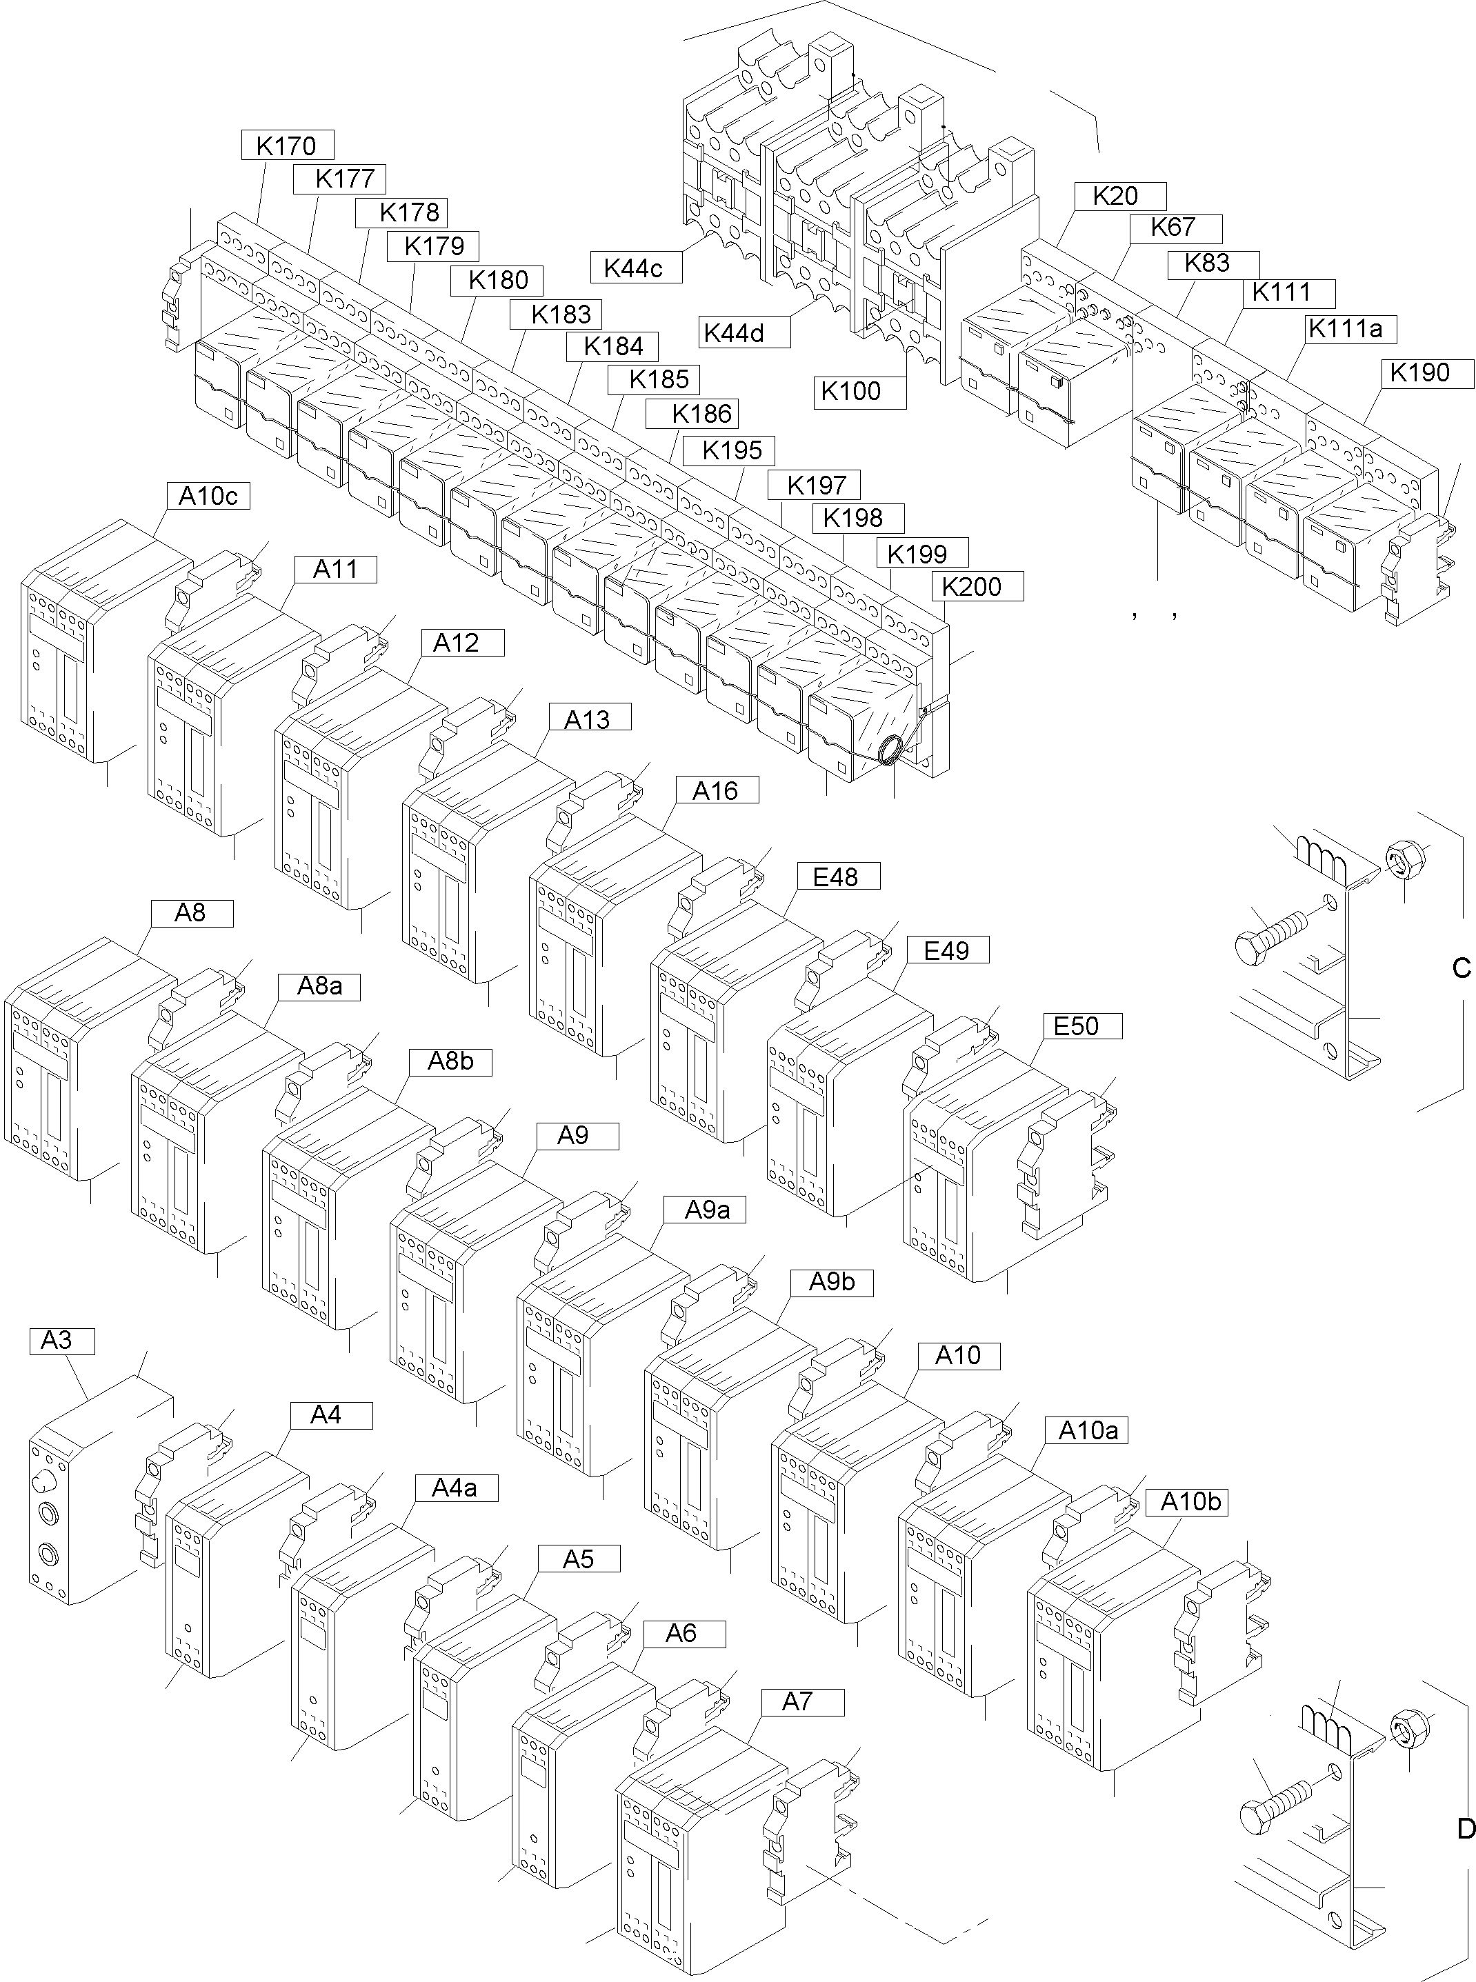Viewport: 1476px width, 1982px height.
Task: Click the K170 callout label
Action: click(287, 145)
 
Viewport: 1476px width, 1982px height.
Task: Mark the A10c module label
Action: click(208, 496)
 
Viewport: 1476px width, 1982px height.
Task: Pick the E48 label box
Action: click(835, 877)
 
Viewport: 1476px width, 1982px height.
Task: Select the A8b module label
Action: click(450, 1061)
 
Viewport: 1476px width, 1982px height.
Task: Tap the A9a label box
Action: click(707, 1210)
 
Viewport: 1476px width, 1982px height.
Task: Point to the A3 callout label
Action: click(57, 1340)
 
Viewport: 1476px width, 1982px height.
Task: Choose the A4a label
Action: click(454, 1487)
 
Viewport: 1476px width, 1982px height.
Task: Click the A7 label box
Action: click(796, 1701)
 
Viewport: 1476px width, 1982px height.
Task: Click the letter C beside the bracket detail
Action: click(1461, 968)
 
